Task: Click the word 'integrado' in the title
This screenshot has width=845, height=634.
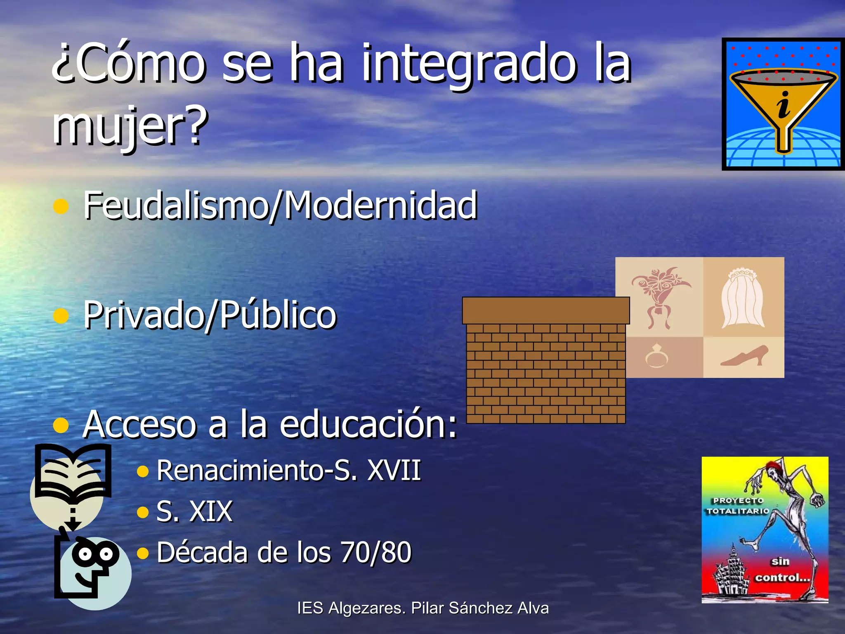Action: point(468,64)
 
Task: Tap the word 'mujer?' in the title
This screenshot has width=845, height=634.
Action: point(130,124)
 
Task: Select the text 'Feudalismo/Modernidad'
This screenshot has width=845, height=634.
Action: point(280,205)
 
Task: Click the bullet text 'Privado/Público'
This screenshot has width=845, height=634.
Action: point(210,315)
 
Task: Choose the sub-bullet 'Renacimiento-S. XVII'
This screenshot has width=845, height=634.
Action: point(288,470)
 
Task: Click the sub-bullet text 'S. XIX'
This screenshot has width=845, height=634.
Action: point(194,511)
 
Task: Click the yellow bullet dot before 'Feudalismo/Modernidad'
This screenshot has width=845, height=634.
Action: point(61,206)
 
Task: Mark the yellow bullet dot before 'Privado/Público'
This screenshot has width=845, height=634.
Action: point(61,316)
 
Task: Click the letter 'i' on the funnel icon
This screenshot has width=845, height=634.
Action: point(783,105)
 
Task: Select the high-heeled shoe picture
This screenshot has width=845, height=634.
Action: point(744,356)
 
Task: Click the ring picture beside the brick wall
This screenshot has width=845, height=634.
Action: point(656,356)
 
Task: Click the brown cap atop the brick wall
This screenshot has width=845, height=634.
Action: point(545,310)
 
